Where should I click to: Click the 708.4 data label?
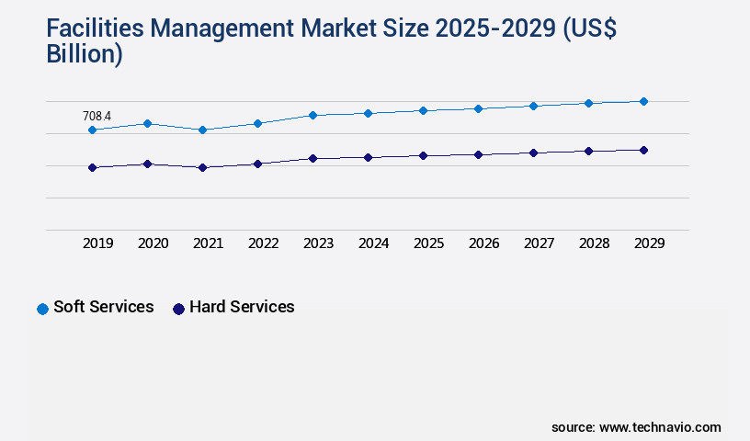point(97,116)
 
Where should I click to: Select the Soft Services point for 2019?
point(92,130)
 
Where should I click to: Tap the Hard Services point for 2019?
point(92,167)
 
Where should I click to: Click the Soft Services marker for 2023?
point(312,115)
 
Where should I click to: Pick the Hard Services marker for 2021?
point(202,167)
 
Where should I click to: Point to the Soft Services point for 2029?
point(643,101)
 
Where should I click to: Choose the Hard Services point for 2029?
point(643,150)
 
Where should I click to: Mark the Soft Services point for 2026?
point(478,108)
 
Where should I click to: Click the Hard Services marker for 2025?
point(423,155)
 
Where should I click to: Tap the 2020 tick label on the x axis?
point(153,243)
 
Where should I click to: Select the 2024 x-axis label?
point(373,243)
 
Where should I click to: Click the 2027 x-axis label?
point(539,243)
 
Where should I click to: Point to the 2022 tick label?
point(263,243)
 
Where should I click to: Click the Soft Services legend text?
point(103,307)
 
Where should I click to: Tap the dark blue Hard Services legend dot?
point(179,309)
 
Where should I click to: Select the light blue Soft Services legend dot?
point(42,309)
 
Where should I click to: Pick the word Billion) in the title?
point(84,54)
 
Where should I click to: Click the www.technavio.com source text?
point(660,427)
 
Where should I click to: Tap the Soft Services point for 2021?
point(202,130)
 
